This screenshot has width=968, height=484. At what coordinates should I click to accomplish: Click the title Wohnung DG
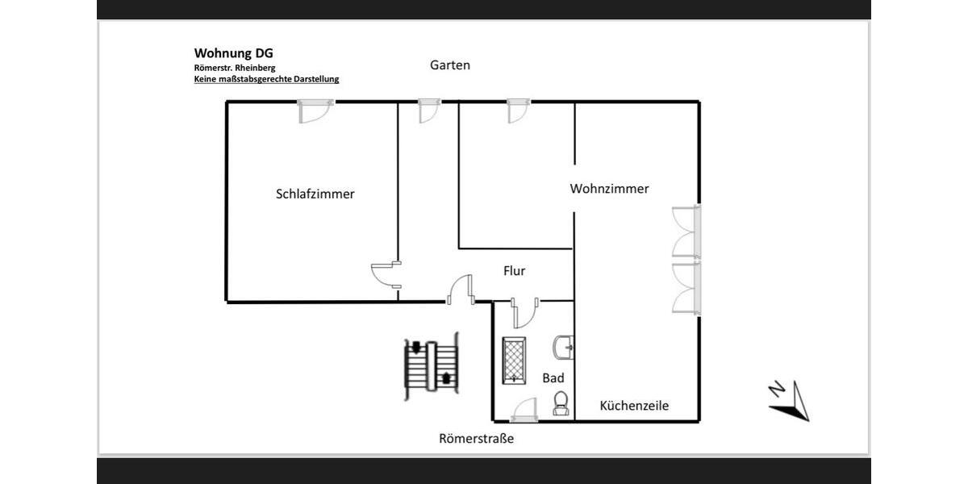click(x=233, y=53)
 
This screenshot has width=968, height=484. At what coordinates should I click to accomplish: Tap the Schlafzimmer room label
click(x=315, y=194)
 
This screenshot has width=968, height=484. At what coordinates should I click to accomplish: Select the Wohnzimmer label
click(x=609, y=189)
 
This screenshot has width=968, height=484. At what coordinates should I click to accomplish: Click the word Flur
click(x=514, y=271)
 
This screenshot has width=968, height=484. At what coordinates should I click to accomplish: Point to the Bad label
click(x=553, y=378)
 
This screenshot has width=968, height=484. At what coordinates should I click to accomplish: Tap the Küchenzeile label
click(x=634, y=406)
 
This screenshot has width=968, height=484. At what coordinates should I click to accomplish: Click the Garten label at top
click(x=449, y=65)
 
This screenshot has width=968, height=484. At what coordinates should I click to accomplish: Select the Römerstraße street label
click(x=476, y=439)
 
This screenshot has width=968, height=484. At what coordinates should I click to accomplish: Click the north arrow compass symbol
click(x=789, y=400)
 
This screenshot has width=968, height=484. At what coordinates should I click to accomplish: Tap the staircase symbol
click(x=432, y=365)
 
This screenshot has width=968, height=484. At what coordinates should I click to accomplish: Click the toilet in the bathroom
click(x=561, y=403)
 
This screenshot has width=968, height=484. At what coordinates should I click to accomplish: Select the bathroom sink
click(x=563, y=348)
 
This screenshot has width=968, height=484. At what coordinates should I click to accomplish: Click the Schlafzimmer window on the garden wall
click(x=315, y=110)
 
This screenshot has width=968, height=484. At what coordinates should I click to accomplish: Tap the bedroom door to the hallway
click(x=385, y=274)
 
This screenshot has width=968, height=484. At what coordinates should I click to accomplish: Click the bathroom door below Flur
click(x=524, y=312)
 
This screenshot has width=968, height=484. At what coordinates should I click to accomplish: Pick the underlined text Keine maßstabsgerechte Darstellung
click(x=266, y=79)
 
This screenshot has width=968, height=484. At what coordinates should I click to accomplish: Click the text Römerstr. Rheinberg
click(x=234, y=68)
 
